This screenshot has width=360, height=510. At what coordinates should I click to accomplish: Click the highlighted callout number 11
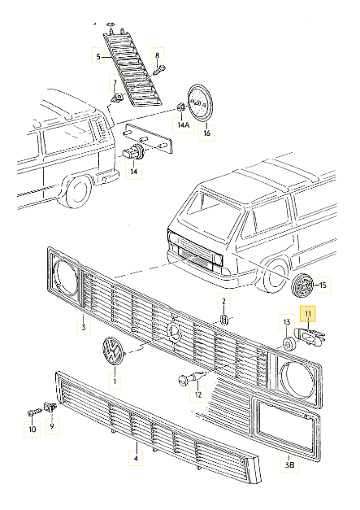click(x=307, y=312)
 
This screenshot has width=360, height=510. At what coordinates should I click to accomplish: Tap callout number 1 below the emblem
click(x=114, y=380)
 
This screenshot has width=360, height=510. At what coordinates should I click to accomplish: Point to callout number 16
click(x=206, y=132)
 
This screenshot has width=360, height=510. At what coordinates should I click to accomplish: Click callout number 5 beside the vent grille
click(x=98, y=56)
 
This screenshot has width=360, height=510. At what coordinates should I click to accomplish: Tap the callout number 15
click(x=322, y=285)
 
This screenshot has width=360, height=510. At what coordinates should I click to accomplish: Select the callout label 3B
click(x=289, y=465)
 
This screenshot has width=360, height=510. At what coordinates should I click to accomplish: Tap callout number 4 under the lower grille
click(x=136, y=458)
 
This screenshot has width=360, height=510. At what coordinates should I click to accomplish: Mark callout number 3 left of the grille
click(x=81, y=328)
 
